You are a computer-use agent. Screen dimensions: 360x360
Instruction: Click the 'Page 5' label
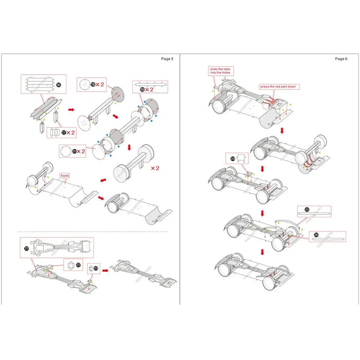point(167,59)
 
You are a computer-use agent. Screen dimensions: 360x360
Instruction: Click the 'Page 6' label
point(340,59)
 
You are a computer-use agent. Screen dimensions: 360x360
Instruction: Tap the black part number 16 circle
point(59,84)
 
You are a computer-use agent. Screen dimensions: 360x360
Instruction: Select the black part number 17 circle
point(64,132)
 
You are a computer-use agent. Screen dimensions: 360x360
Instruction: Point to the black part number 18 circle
point(94,84)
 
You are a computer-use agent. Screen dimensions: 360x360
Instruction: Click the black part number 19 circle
point(141,89)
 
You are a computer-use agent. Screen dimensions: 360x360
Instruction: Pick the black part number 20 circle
point(75,151)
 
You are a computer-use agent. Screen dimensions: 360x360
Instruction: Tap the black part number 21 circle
point(26,248)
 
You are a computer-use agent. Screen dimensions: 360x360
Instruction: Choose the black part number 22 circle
point(78,265)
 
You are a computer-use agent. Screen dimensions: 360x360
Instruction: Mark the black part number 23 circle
point(96,268)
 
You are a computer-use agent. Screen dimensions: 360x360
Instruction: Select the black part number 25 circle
point(307,210)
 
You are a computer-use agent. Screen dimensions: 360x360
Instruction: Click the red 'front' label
point(64,175)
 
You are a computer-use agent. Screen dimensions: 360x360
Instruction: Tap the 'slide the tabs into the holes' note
point(221,70)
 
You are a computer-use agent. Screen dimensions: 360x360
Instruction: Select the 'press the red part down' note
point(278,87)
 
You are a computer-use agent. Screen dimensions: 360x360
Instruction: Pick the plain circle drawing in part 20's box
point(65,151)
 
